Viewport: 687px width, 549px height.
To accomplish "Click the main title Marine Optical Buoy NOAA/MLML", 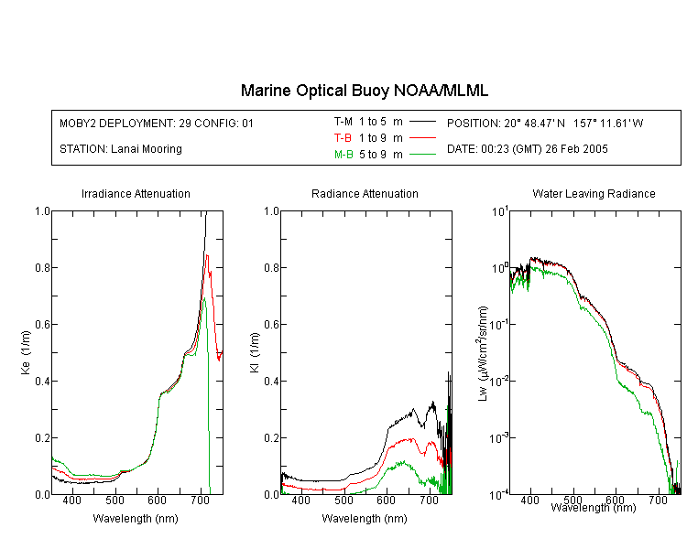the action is click(364, 91).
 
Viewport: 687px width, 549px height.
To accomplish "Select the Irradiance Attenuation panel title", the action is click(136, 193).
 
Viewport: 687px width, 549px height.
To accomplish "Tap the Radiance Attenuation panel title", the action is click(365, 193).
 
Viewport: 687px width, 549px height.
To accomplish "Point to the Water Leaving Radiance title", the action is click(594, 193).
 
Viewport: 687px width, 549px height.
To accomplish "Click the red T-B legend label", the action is click(343, 138).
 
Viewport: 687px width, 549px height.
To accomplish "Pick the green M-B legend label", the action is click(343, 155).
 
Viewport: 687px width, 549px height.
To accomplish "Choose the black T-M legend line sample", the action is click(422, 122).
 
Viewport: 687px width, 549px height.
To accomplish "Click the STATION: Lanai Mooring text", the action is click(121, 149).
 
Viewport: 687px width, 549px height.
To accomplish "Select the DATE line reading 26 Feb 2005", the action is click(527, 149).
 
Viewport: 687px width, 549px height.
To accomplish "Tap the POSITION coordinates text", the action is click(545, 123).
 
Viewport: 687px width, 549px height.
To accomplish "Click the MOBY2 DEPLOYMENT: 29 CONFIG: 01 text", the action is click(157, 123).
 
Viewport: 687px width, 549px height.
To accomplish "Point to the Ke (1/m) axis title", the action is click(26, 352).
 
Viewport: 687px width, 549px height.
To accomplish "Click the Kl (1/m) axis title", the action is click(255, 352).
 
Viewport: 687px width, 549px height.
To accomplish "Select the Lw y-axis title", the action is click(482, 353).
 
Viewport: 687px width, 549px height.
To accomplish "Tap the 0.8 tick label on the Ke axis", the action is click(42, 267).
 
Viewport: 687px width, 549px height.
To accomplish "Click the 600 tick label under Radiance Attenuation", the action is click(386, 500).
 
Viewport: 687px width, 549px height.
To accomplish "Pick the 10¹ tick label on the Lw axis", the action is click(500, 212).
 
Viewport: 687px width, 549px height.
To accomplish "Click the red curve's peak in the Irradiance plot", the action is click(207, 255).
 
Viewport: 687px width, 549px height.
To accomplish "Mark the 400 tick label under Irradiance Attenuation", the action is click(71, 500).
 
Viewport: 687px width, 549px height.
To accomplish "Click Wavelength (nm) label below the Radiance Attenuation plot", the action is click(365, 519).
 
